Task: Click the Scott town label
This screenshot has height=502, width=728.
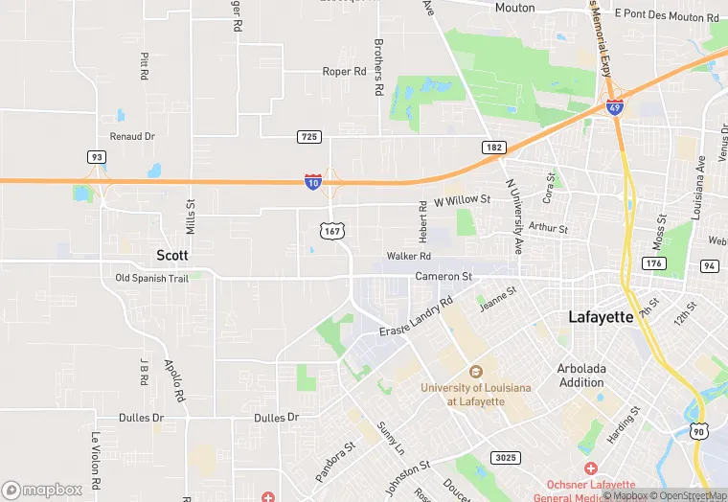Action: (172, 255)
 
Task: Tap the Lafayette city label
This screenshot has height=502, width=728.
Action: (601, 317)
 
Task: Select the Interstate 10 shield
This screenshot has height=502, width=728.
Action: (313, 181)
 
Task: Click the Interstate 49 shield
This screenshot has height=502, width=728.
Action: (615, 108)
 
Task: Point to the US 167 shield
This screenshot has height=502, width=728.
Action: (332, 231)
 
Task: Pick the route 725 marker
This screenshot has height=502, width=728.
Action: (308, 138)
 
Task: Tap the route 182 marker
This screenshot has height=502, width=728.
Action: (493, 147)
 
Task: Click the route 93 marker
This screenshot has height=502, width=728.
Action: (96, 157)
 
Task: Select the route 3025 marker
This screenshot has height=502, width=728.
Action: (504, 458)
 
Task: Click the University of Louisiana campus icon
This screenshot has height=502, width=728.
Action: (473, 372)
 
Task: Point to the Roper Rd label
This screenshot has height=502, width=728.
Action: (345, 72)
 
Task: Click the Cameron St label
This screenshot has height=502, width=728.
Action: (444, 277)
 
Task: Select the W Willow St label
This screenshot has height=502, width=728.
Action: (462, 200)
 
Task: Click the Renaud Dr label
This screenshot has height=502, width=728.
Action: (132, 137)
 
